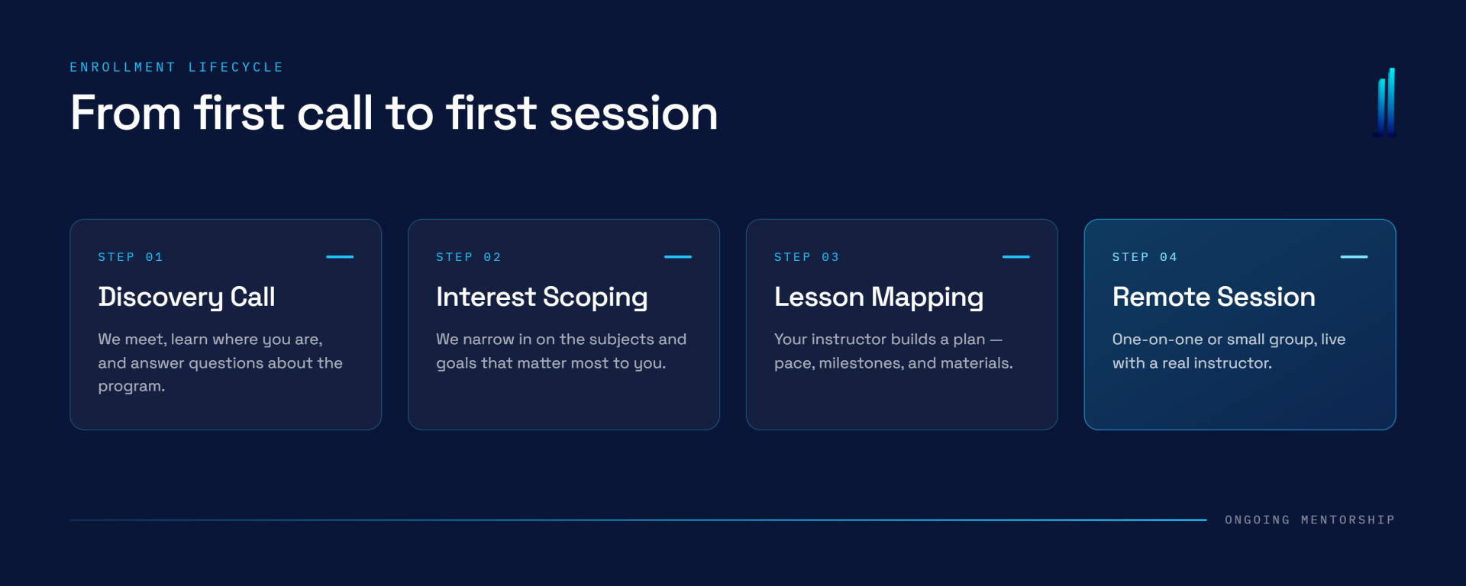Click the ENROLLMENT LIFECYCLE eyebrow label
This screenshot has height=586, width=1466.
(x=176, y=67)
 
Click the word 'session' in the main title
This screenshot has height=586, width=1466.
(x=634, y=114)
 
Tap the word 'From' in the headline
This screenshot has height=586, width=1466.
(x=126, y=114)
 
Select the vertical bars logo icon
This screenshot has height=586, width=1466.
(x=1385, y=102)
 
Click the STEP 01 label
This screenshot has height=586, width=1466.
(x=131, y=257)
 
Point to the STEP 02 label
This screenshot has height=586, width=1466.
(x=469, y=257)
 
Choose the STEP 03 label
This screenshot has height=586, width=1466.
(x=807, y=257)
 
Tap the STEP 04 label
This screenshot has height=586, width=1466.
(x=1145, y=257)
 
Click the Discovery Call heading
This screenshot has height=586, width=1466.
(x=186, y=298)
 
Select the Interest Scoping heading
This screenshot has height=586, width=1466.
(x=542, y=298)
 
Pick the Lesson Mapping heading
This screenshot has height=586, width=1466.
(x=879, y=298)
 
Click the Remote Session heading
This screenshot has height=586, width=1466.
(x=1214, y=297)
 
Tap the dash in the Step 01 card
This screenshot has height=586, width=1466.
(x=340, y=257)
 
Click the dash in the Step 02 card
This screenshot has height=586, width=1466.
(x=678, y=257)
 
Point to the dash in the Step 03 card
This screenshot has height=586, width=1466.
(x=1016, y=257)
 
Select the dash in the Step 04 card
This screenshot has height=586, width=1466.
(x=1355, y=257)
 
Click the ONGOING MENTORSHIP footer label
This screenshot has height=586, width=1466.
(x=1310, y=520)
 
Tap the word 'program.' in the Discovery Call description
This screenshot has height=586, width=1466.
(x=131, y=387)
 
